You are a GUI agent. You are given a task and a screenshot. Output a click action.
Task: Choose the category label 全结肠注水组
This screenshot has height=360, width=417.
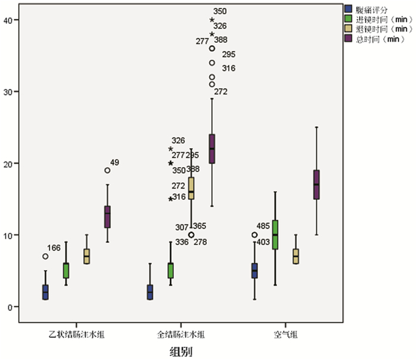coord(181,336)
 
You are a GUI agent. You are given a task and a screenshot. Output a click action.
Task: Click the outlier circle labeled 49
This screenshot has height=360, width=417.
coord(107,170)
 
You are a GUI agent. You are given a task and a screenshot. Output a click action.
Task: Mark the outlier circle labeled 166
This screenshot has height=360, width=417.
coord(45,256)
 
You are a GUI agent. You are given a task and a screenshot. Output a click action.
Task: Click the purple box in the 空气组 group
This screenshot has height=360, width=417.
coord(316,184)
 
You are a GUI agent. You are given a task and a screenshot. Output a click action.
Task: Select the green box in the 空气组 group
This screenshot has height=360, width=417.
coord(275,234)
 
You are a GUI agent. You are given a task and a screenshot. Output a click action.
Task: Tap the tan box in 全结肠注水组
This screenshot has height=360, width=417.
coord(191,187)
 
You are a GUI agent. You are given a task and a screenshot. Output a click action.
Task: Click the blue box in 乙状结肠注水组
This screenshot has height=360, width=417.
coord(45,292)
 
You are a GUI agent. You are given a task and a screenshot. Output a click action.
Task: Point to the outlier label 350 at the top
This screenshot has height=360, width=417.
coord(220,11)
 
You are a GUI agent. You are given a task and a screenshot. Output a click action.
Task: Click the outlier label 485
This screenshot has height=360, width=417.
coord(263,227)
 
